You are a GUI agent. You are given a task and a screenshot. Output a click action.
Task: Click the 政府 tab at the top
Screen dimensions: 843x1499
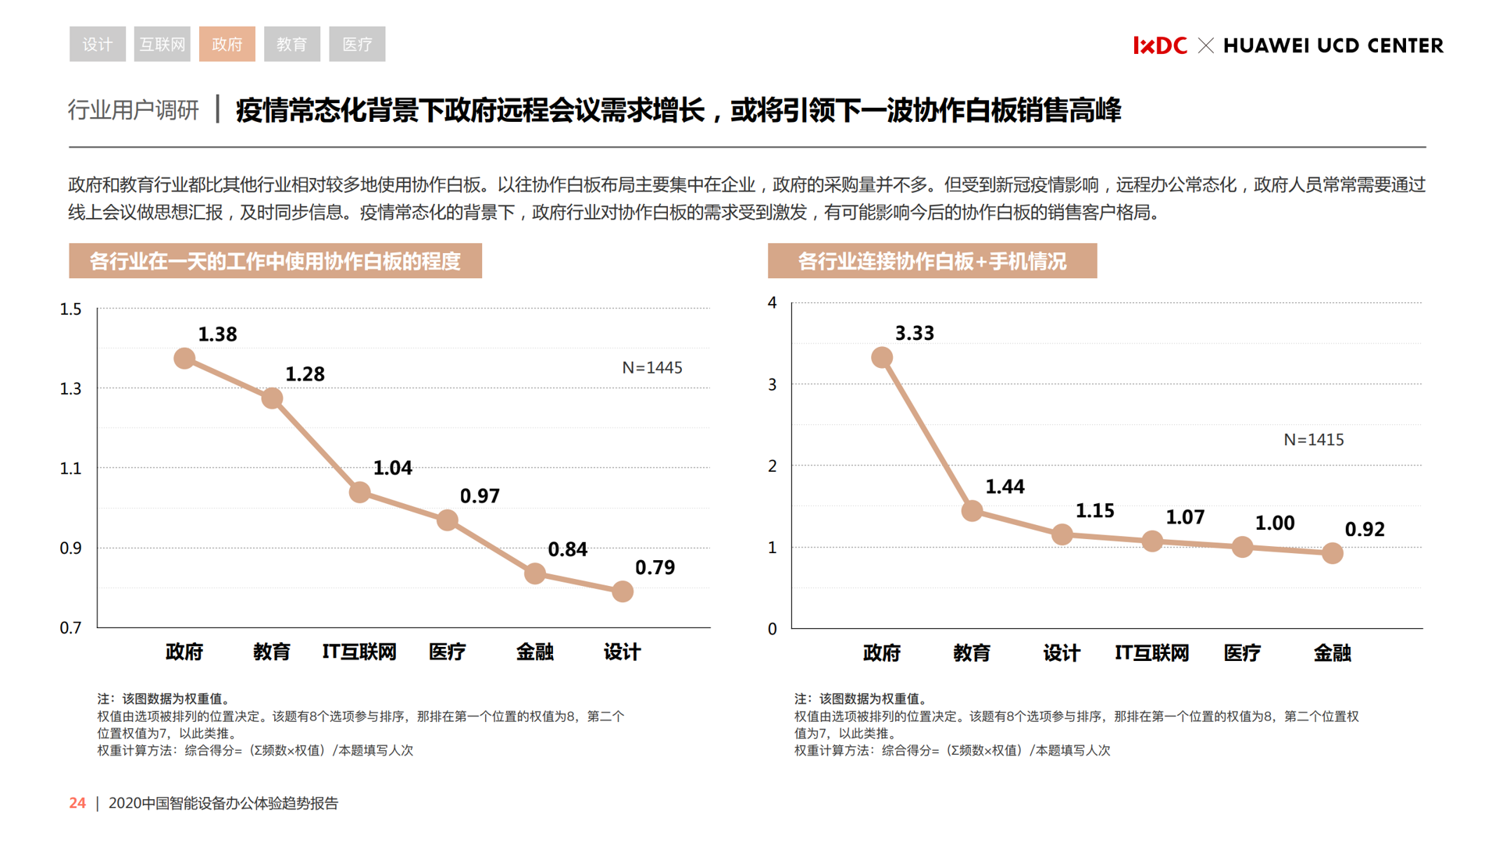point(227,44)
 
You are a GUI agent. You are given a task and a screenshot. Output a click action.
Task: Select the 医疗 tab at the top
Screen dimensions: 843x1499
point(357,44)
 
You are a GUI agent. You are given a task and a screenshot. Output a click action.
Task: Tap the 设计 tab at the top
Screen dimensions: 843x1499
point(97,44)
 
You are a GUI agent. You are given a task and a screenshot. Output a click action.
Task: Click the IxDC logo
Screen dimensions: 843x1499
point(1159,45)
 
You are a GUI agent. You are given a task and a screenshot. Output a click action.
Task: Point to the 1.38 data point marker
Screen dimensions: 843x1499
point(184,359)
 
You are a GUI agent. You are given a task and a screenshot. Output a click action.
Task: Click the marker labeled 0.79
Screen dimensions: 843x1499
point(623,591)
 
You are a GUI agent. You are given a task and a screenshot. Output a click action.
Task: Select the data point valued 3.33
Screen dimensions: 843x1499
point(882,358)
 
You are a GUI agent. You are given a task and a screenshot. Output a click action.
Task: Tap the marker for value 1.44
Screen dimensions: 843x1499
point(972,511)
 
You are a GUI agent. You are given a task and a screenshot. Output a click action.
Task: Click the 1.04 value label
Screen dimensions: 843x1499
point(392,468)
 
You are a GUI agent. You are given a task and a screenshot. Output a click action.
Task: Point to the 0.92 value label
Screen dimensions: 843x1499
point(1364,529)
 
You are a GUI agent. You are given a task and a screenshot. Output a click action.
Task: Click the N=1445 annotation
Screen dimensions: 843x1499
point(651,367)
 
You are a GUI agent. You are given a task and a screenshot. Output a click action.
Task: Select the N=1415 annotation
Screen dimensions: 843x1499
point(1313,440)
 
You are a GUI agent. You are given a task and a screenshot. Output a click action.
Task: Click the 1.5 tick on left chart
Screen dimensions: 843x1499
point(70,309)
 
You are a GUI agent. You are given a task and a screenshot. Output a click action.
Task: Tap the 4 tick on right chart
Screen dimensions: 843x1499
point(772,302)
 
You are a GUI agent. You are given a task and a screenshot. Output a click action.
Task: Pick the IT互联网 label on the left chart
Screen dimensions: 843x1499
point(359,652)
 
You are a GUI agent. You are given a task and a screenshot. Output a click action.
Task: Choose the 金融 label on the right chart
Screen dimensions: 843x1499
point(1332,652)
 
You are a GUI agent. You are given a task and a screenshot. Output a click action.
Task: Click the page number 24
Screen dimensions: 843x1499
point(77,802)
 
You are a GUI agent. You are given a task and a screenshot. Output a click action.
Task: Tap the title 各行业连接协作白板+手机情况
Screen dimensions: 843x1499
point(932,261)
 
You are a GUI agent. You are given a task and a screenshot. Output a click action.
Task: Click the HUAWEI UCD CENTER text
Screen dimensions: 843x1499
point(1333,45)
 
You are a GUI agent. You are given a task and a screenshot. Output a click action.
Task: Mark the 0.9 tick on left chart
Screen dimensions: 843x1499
point(70,548)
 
